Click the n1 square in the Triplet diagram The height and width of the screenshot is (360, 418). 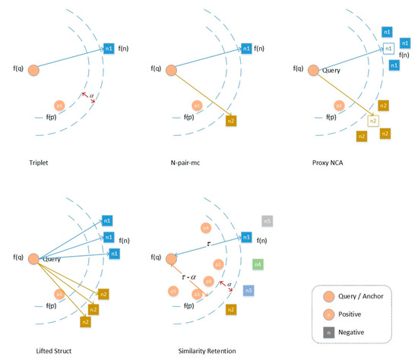(x=108, y=49)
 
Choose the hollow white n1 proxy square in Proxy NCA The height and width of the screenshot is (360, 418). (x=388, y=49)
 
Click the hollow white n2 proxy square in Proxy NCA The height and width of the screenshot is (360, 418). (x=372, y=120)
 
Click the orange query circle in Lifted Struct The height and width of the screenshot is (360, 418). (x=34, y=259)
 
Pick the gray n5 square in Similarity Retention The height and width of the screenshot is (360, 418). (x=268, y=221)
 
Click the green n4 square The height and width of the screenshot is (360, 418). (x=258, y=264)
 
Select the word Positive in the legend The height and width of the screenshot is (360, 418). (x=363, y=313)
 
